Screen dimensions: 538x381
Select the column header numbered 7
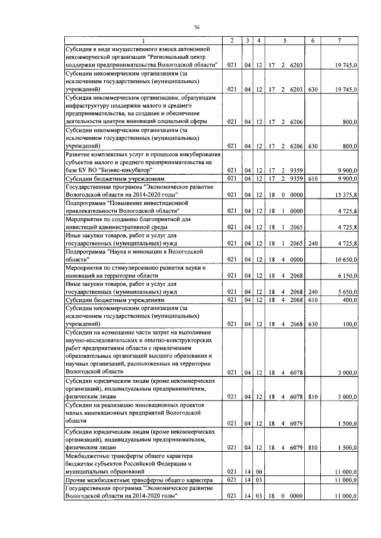pos(339,40)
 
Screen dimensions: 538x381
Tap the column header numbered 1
pos(142,40)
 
